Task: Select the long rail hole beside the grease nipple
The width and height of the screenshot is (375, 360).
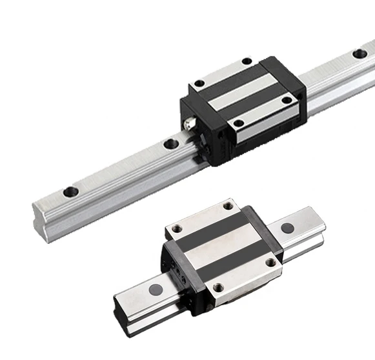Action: (170, 143)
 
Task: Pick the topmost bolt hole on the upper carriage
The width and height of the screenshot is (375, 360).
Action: (246, 61)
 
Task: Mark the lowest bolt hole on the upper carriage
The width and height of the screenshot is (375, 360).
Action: (238, 123)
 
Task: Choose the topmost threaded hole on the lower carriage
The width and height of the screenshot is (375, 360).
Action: (227, 206)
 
